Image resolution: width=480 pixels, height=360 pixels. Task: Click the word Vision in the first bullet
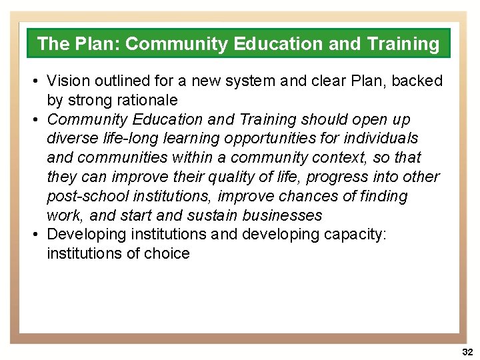click(65, 81)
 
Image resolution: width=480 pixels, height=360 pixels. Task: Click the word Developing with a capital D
click(84, 235)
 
